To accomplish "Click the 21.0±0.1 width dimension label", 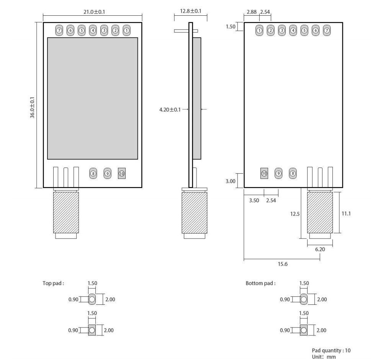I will coord(94,12).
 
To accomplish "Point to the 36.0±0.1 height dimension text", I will coord(33,107).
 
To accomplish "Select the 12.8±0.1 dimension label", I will coord(190,11).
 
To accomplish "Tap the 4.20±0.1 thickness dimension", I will coord(170,110).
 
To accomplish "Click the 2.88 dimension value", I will coord(252,12).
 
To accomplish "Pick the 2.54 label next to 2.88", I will coord(265,12).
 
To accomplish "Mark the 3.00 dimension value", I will coord(231,181).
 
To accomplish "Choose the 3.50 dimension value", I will coord(254,200).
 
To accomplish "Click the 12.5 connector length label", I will coord(295,214).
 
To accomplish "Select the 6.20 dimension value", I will coord(320,249).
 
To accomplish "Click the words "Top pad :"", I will coord(53,284).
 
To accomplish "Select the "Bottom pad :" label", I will coord(260,284).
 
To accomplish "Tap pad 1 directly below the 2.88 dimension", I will coord(259,30).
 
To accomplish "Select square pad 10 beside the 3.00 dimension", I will coord(264,173).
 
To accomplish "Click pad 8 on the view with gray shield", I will coord(93,173).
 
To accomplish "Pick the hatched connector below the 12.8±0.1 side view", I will coord(194,213).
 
